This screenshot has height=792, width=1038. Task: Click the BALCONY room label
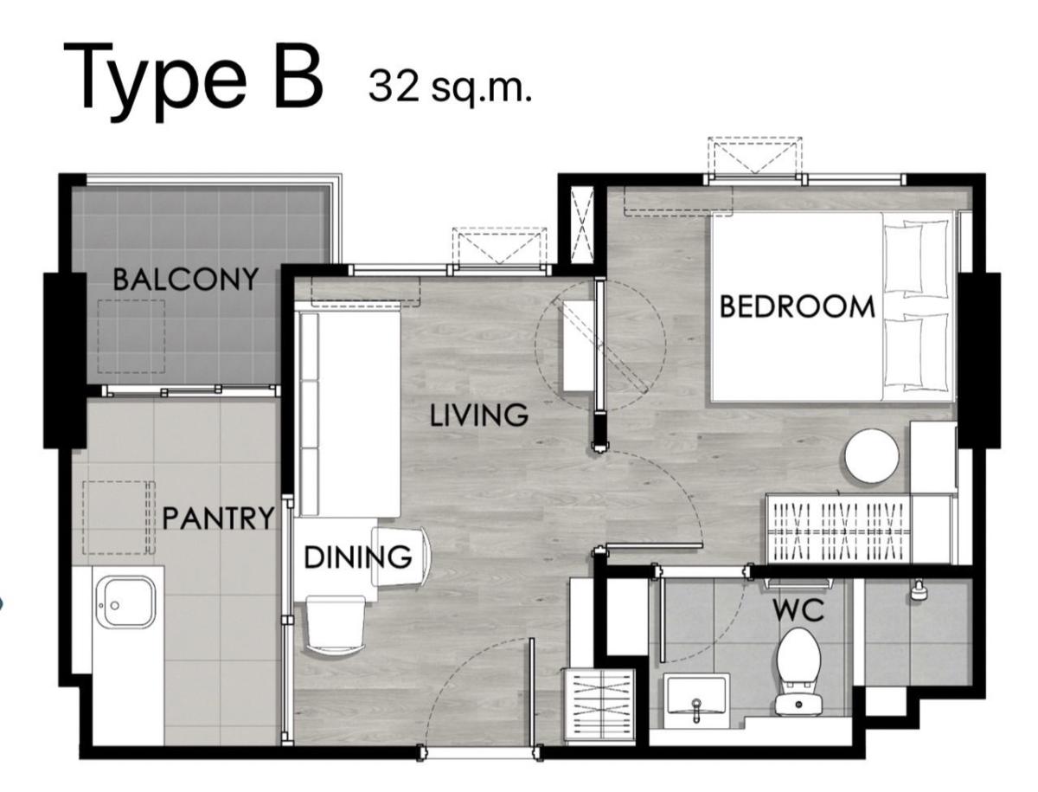[185, 279]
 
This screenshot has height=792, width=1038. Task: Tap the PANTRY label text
[218, 518]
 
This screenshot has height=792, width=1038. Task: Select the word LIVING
[478, 415]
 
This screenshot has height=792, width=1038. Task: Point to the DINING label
[357, 557]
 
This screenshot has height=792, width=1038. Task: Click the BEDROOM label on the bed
[797, 306]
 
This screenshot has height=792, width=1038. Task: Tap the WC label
[798, 610]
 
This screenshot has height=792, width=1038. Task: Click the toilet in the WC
[798, 671]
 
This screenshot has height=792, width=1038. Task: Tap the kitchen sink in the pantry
[125, 602]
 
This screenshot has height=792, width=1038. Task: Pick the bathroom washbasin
[695, 701]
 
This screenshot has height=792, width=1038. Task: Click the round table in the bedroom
[872, 455]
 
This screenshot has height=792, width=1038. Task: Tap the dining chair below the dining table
[336, 626]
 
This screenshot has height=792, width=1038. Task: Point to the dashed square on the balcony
[131, 336]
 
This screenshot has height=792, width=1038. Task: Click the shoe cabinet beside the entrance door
[599, 707]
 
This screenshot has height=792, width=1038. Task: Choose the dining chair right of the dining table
[401, 557]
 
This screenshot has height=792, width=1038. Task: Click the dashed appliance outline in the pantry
[119, 518]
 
